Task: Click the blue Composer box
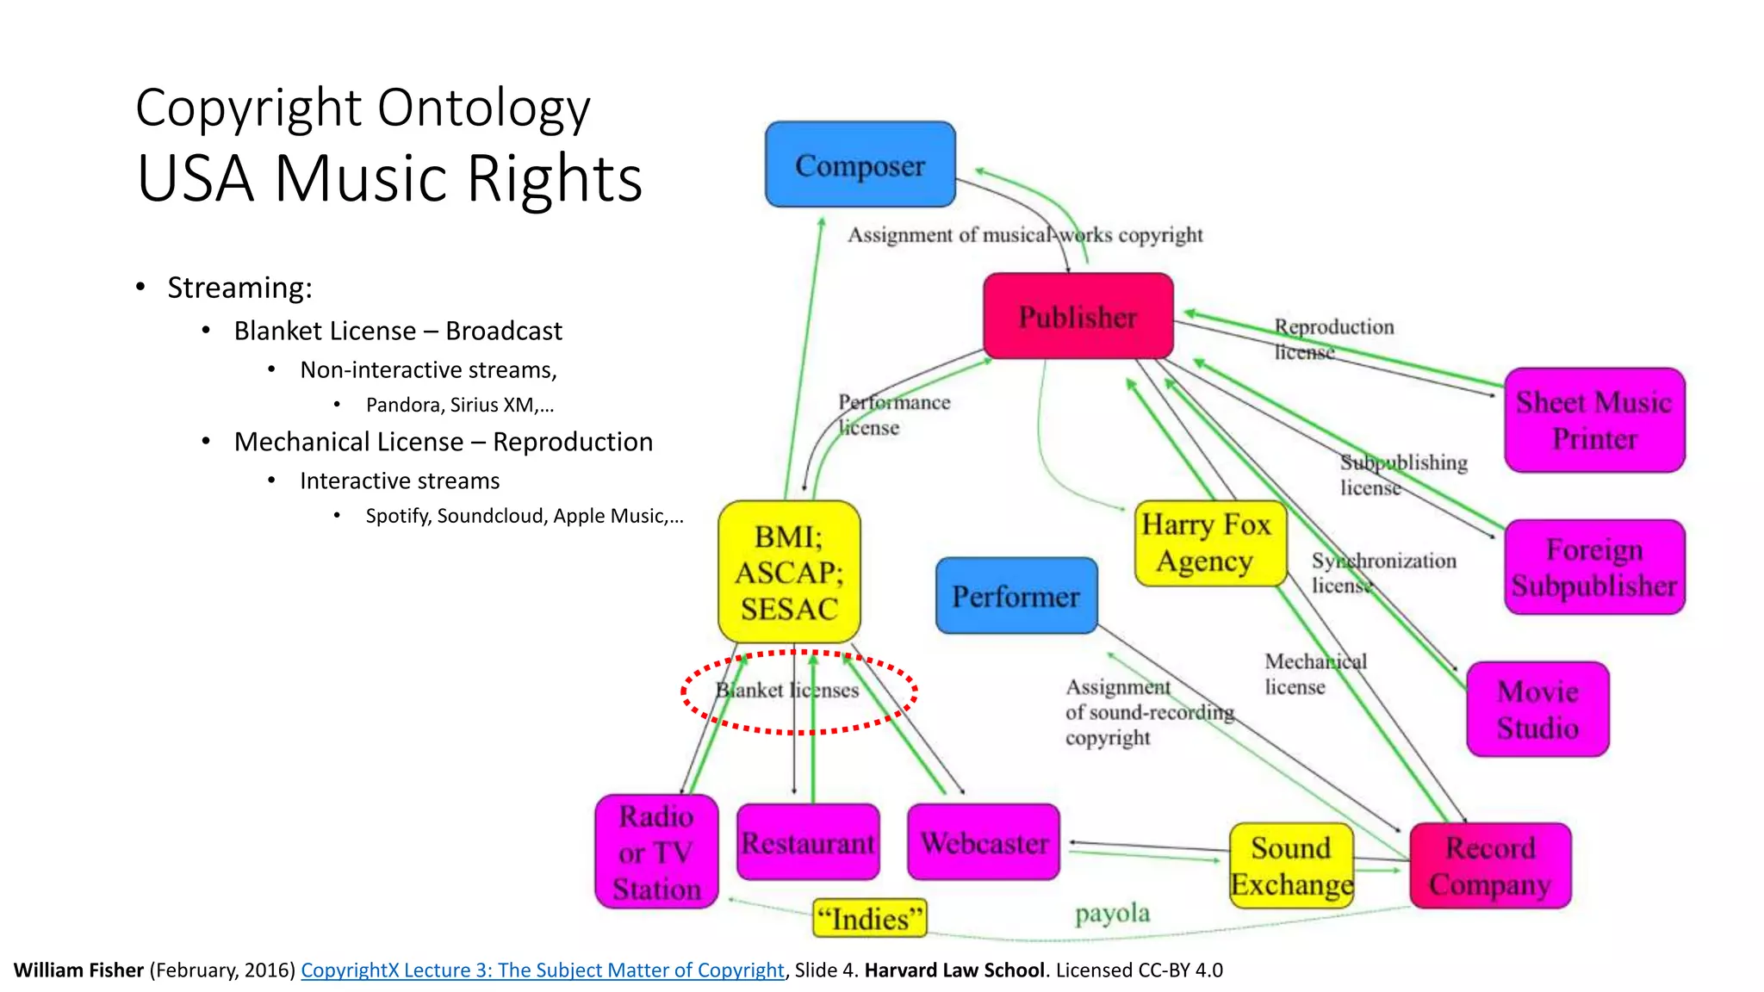860,164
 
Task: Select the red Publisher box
1078,316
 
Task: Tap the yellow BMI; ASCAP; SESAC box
789,572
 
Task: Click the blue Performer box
1016,596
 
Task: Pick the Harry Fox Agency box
1208,543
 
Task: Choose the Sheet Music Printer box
1594,420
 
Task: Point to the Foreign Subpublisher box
1594,567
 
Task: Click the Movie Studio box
1537,710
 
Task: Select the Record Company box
1490,865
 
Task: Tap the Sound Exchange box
1290,865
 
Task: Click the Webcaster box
984,842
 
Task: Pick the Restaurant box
808,842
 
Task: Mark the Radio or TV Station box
656,852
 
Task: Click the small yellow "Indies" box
869,919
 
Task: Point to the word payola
1112,913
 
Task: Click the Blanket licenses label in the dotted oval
787,691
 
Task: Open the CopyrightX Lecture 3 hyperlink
542,970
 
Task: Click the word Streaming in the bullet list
239,288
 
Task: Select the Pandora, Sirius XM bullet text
459,405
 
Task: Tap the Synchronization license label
1382,573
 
